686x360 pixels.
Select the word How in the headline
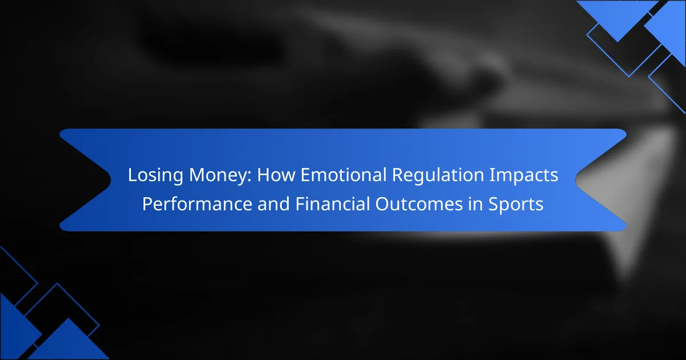[x=276, y=175]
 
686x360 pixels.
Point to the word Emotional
[x=344, y=175]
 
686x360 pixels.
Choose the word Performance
[x=197, y=204]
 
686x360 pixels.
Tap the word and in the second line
[x=273, y=204]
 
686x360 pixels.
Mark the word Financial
[x=332, y=203]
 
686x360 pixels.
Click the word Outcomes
[x=419, y=204]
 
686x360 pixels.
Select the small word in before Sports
[x=475, y=204]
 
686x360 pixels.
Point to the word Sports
[x=516, y=205]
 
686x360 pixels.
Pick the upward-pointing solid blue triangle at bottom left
[x=68, y=343]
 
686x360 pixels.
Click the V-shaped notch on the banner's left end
[x=110, y=179]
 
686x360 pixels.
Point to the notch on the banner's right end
[x=576, y=179]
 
